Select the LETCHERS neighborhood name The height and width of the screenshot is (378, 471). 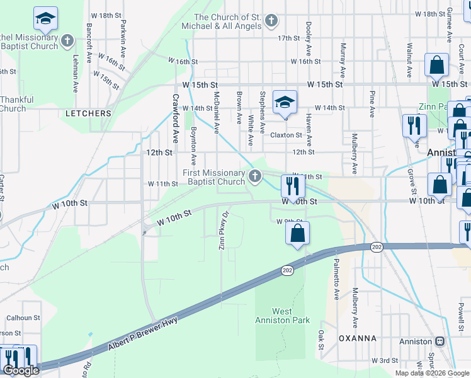88,113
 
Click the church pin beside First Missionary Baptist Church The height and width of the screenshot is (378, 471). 255,176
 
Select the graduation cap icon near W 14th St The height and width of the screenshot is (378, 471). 285,103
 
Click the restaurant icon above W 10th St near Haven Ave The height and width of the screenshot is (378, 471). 293,186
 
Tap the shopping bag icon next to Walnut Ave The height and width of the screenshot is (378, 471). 436,65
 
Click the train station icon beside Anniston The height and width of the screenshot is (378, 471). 440,341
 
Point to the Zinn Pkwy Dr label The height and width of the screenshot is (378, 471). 222,236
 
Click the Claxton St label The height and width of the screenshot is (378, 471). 287,135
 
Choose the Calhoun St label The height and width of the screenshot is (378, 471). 23,318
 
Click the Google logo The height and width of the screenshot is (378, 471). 20,370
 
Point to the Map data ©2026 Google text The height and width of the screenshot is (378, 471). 431,373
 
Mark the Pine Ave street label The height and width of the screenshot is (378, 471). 372,103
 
